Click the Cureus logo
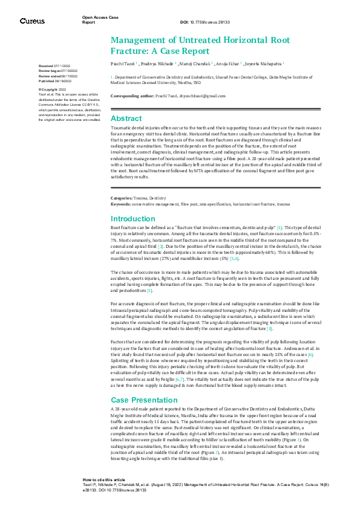[x=31, y=21]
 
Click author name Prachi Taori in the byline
[x=123, y=63]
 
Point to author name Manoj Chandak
[x=197, y=63]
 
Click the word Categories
[x=120, y=198]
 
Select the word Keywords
[x=120, y=203]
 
